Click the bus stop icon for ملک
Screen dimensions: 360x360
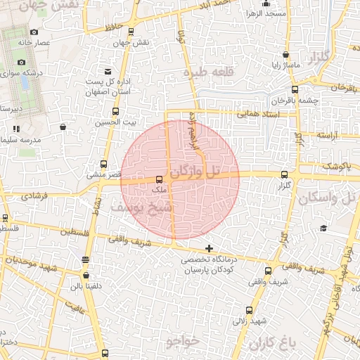pos(159,179)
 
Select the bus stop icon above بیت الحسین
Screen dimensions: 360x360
pos(115,111)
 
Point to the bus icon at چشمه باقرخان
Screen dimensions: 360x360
pos(295,89)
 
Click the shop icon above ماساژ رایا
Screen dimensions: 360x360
pos(286,55)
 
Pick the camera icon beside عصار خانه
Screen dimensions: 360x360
pos(34,32)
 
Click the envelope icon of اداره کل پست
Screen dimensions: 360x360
pos(108,71)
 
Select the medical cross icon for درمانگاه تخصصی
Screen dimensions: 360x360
pos(209,248)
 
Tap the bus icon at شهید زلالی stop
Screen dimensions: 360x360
pos(249,310)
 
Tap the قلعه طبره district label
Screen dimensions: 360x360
pos(207,71)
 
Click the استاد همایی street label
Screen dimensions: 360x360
pos(257,112)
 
